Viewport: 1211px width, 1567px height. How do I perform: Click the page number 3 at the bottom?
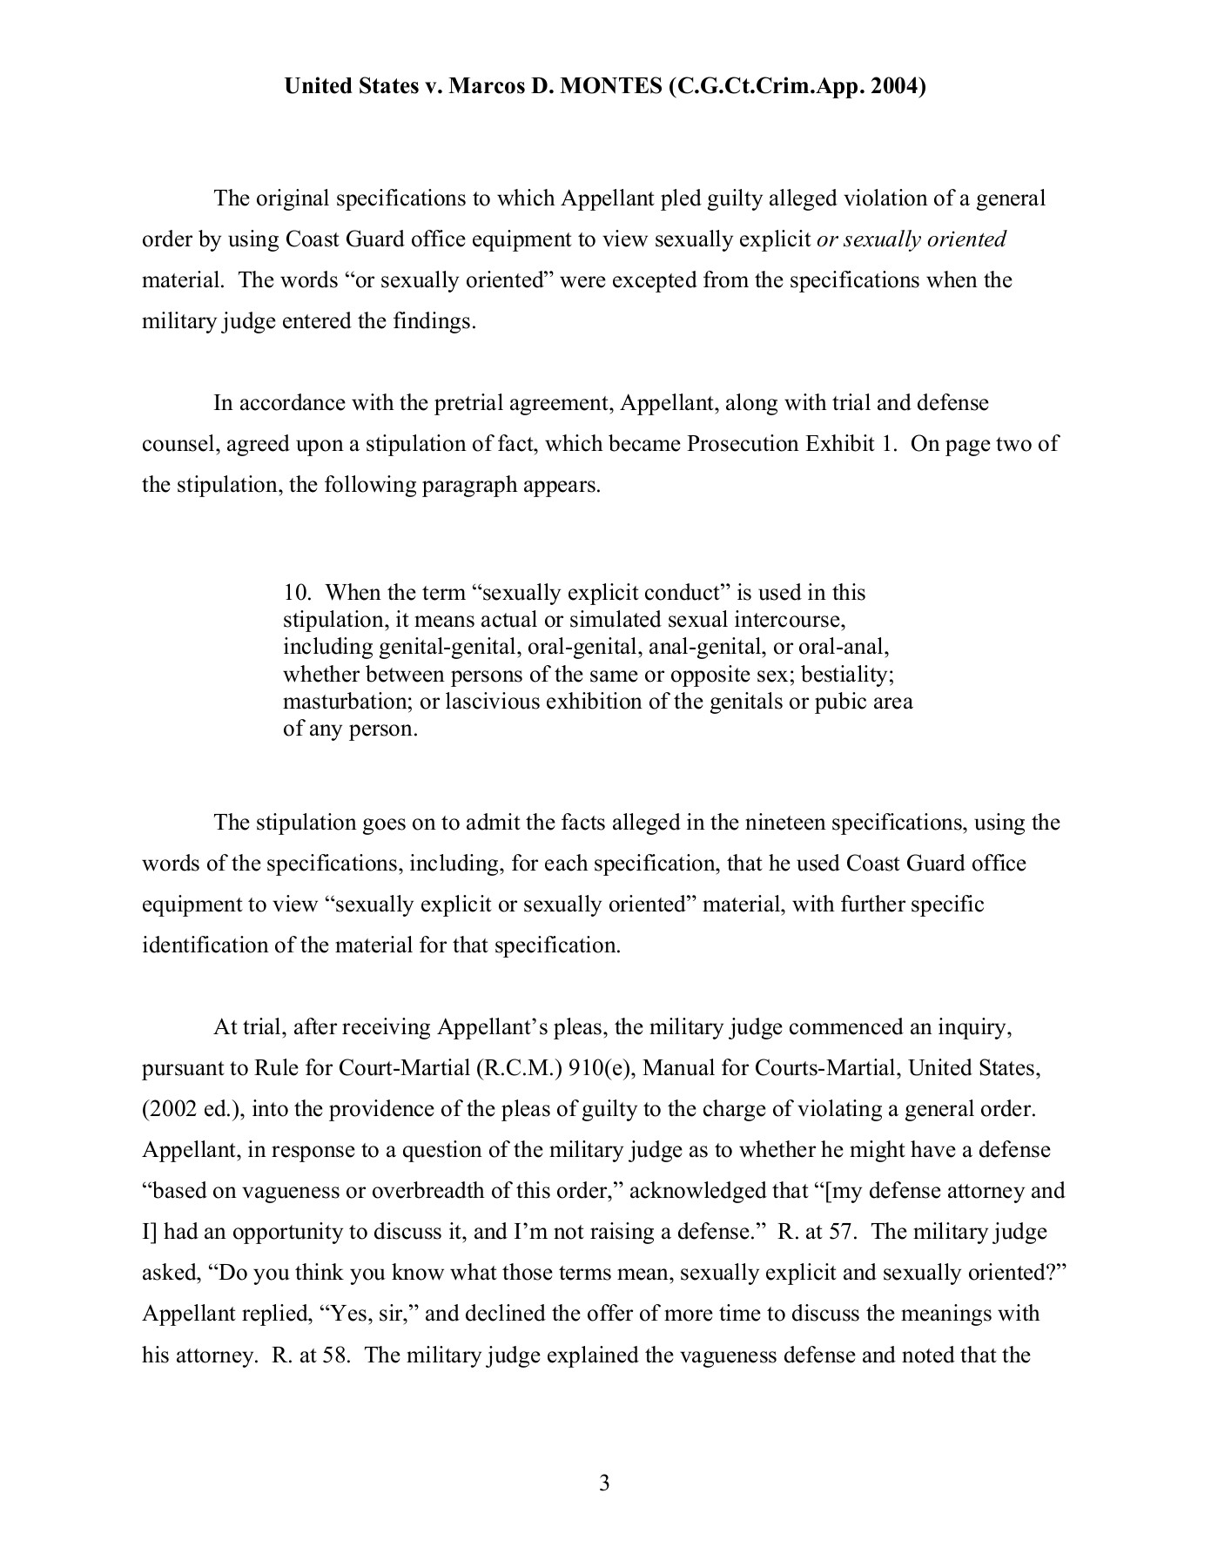pyautogui.click(x=604, y=1483)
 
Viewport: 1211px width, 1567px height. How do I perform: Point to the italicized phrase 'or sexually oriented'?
pyautogui.click(x=911, y=239)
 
